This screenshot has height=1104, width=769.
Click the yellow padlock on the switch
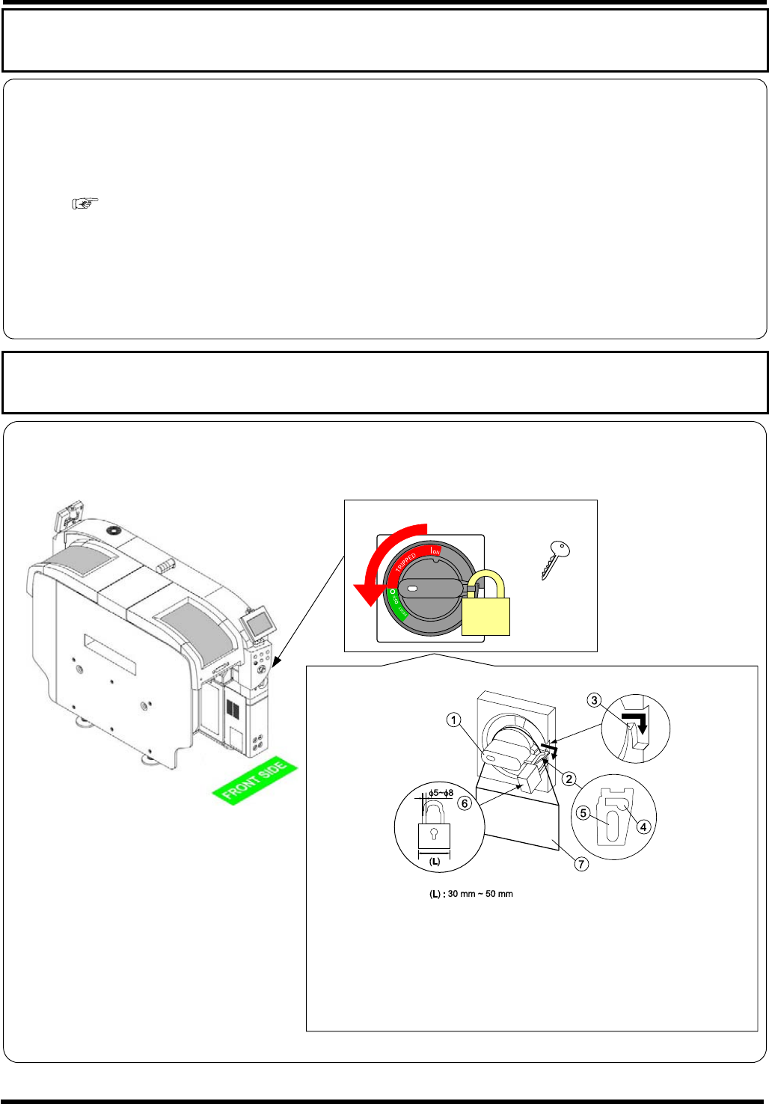[x=486, y=612]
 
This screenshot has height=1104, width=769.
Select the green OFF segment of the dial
[x=394, y=605]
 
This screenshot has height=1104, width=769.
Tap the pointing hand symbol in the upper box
[x=85, y=203]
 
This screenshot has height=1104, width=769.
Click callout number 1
[x=453, y=720]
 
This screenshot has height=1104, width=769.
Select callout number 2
[x=569, y=779]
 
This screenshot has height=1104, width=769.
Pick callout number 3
[x=594, y=700]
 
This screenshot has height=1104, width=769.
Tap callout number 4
[x=643, y=827]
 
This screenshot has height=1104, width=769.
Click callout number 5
[x=583, y=813]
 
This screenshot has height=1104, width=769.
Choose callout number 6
[x=465, y=803]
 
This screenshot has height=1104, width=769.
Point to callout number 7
[x=581, y=864]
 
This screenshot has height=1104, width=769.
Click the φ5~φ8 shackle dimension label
[x=441, y=793]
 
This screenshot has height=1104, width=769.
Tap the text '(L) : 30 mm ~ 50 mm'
[x=471, y=894]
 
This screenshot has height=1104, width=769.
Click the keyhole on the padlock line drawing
[x=434, y=834]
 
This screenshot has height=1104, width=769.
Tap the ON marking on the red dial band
[x=435, y=552]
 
